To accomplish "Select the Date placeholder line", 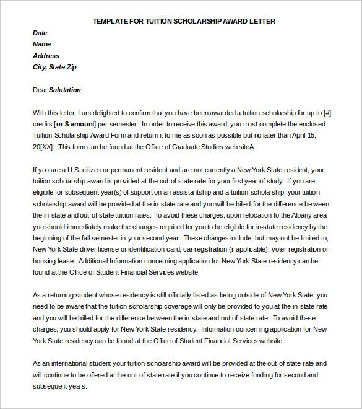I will tap(40, 33).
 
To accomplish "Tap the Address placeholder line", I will tap(46, 56).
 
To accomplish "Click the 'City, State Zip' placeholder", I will tap(54, 67).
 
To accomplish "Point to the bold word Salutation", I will tap(65, 90).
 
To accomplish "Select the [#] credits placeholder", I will tap(327, 113).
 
